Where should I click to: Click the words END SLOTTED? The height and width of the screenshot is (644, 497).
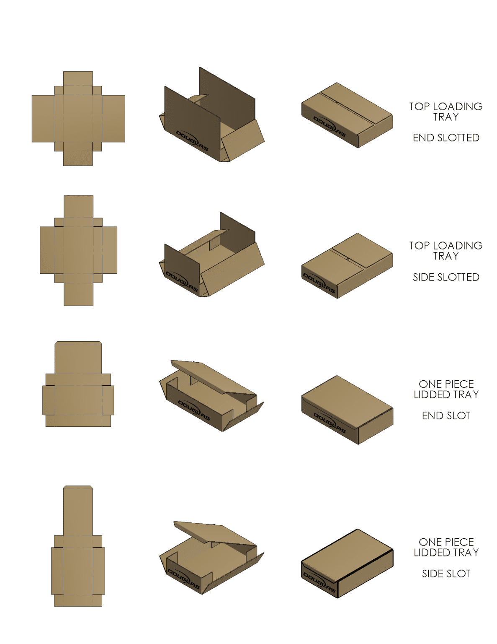[446, 138]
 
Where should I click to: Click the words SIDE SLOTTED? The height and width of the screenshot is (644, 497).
[446, 277]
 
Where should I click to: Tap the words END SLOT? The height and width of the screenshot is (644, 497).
[446, 415]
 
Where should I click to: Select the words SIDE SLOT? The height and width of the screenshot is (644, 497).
[446, 574]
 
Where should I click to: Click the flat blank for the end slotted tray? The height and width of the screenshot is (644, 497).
[78, 119]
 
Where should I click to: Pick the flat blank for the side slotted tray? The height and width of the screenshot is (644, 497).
[78, 250]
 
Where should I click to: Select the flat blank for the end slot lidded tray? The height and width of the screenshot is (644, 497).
[78, 384]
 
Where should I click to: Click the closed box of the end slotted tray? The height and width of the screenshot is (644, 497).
[347, 114]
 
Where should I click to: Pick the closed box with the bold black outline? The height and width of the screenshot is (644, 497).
[347, 563]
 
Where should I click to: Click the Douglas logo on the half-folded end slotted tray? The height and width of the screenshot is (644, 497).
[192, 141]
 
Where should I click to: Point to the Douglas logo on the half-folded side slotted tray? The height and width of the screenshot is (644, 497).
[182, 281]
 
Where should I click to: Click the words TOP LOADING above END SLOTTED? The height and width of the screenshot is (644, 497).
[446, 106]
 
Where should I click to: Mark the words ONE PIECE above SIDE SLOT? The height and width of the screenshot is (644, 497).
[446, 542]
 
